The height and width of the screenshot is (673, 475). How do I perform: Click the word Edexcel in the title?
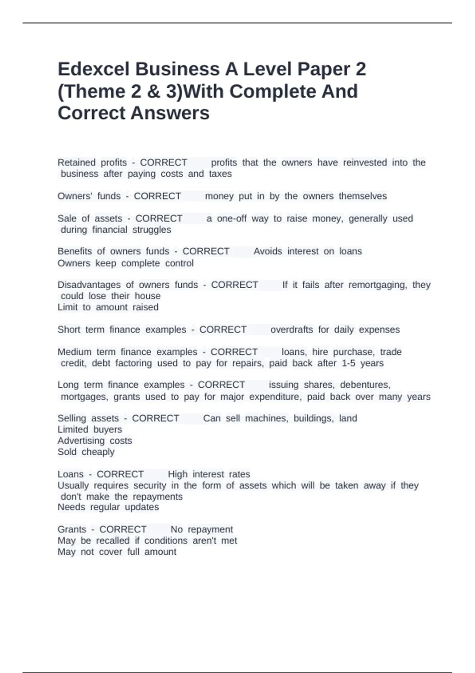click(93, 69)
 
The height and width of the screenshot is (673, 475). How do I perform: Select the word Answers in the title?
click(170, 113)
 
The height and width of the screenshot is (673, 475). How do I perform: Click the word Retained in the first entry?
click(76, 162)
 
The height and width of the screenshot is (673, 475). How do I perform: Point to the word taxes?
click(220, 174)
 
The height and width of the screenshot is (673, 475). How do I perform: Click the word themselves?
click(363, 196)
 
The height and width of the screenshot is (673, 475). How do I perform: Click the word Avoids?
click(268, 251)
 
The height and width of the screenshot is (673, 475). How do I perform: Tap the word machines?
click(266, 418)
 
